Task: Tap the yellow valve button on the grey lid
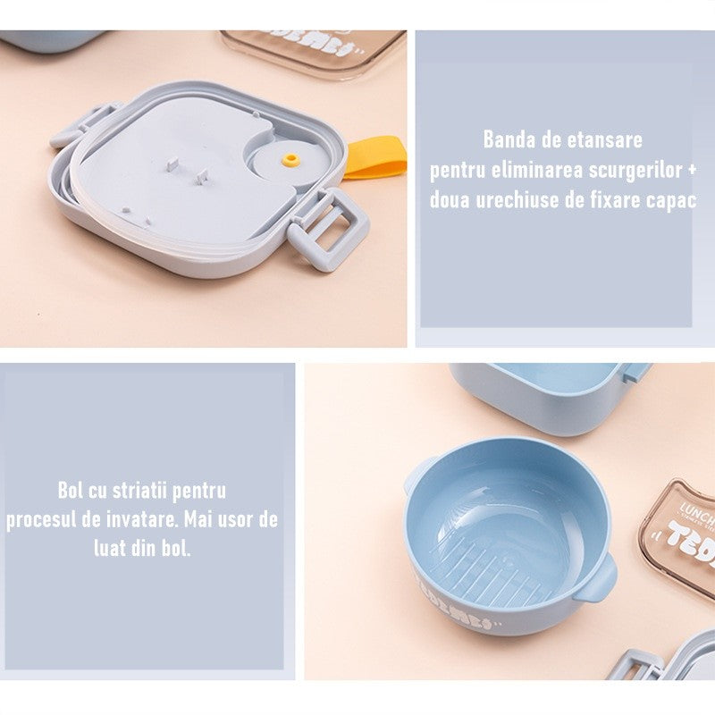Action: (x=289, y=159)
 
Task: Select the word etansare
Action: (x=604, y=139)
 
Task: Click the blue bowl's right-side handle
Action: (x=596, y=578)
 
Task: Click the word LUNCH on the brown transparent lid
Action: (x=698, y=515)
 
